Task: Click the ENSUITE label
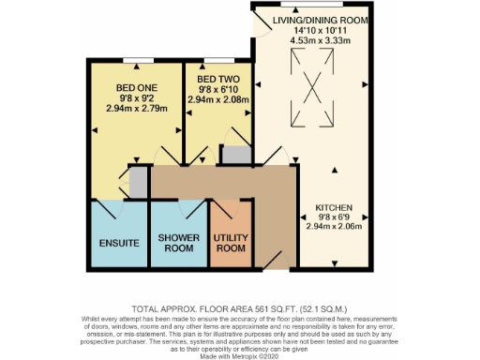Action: point(119,243)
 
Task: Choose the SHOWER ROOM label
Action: point(176,243)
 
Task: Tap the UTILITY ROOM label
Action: point(231,243)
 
